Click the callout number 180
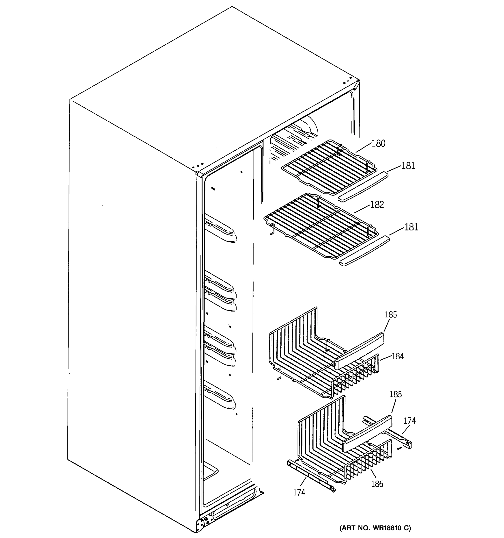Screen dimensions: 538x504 378,143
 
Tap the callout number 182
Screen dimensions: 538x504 377,205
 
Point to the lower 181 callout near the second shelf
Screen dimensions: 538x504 411,227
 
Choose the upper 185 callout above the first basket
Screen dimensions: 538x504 391,315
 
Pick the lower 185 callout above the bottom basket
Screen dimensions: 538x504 396,394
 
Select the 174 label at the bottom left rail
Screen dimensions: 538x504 299,492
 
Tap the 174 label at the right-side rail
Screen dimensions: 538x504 410,421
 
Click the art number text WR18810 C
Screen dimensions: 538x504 375,528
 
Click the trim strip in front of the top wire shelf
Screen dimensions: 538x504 363,187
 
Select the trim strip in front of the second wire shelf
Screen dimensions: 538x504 364,251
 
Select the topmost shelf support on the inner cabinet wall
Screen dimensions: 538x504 220,229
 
